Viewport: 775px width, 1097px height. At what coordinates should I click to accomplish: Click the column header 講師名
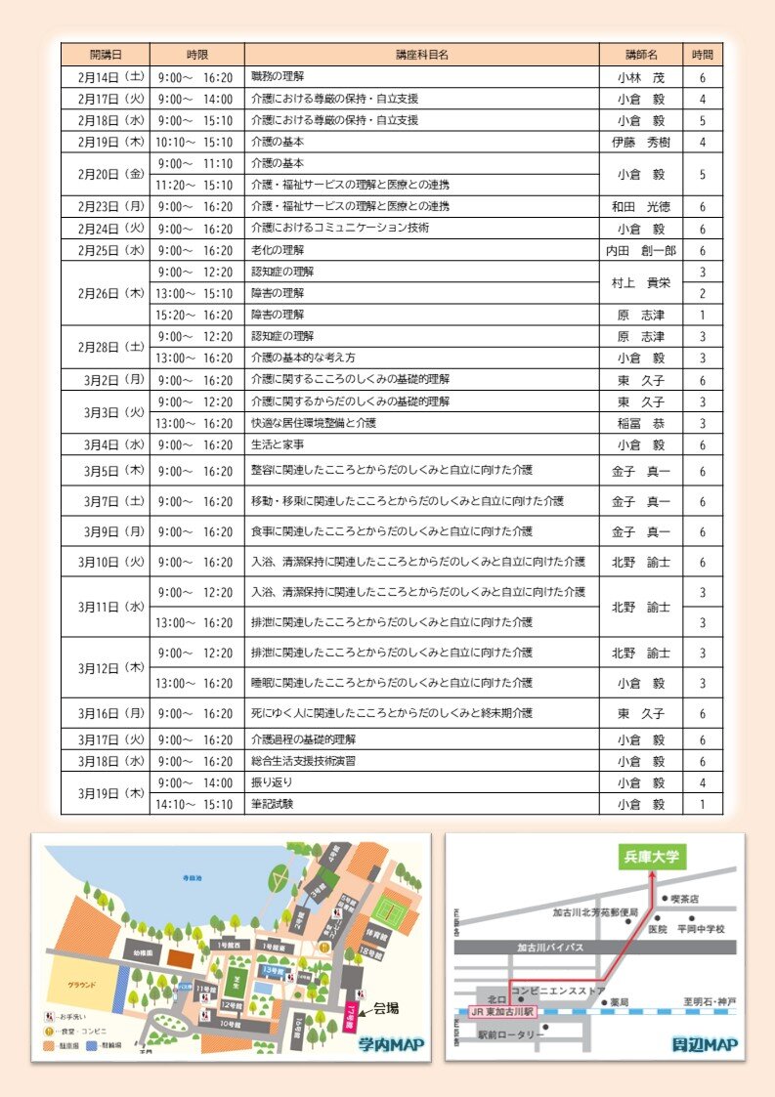click(x=640, y=55)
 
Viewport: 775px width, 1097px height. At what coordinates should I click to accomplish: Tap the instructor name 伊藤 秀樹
click(x=640, y=142)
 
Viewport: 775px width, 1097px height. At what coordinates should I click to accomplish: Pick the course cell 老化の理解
click(x=278, y=250)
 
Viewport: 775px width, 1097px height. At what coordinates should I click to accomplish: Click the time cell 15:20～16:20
click(x=195, y=315)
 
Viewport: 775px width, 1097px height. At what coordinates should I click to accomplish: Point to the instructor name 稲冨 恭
click(x=640, y=423)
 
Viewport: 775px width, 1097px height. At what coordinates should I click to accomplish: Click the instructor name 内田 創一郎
click(x=640, y=250)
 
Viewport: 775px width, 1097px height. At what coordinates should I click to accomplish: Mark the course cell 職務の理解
click(x=278, y=77)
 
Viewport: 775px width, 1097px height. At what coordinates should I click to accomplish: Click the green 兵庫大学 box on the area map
click(x=652, y=857)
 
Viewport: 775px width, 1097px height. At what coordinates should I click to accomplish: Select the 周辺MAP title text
click(x=705, y=1044)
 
